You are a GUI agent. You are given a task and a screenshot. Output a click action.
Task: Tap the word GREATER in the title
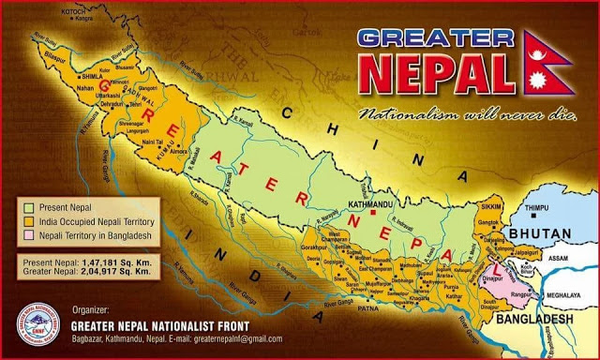(435, 37)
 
